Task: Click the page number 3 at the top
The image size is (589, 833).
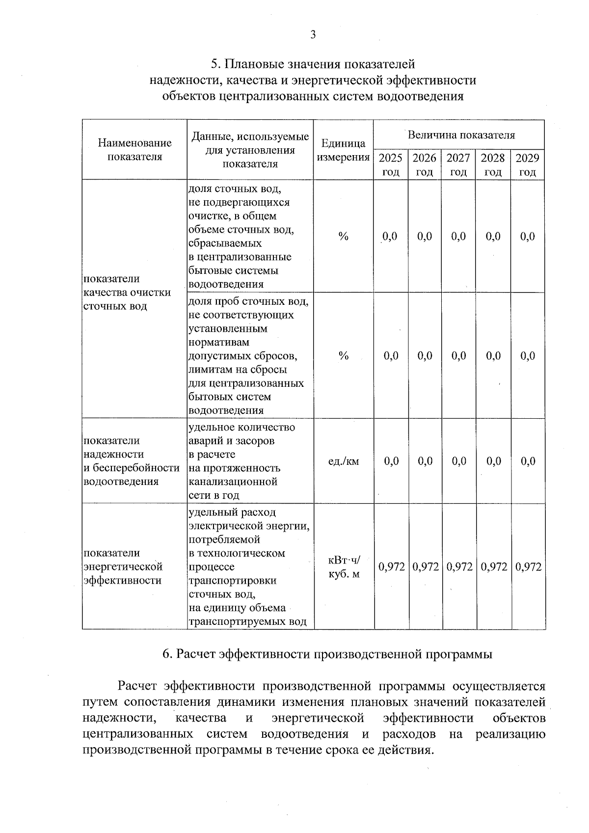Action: pos(313,34)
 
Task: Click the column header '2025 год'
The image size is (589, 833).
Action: pos(391,165)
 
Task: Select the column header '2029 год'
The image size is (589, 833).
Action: pos(528,165)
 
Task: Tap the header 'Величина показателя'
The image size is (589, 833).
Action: pos(461,135)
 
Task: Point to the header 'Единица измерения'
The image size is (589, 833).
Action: pos(343,150)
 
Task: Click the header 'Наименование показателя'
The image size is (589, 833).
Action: pos(134,150)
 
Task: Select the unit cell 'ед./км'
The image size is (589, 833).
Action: pos(343,461)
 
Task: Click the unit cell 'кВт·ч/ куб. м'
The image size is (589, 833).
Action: pos(344,567)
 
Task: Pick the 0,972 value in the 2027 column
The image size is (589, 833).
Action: pos(459,567)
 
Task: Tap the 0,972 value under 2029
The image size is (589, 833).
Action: pos(529,567)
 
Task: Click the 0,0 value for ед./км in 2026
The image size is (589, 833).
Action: pos(425,461)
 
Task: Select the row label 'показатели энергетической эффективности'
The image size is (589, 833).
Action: pos(123,567)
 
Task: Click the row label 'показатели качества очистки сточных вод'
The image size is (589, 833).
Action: pos(127,293)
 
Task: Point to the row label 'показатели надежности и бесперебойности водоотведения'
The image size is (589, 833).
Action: pos(132,461)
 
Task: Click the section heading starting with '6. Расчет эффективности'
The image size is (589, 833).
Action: pos(327,654)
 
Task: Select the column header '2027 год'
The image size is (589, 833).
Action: pos(458,165)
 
